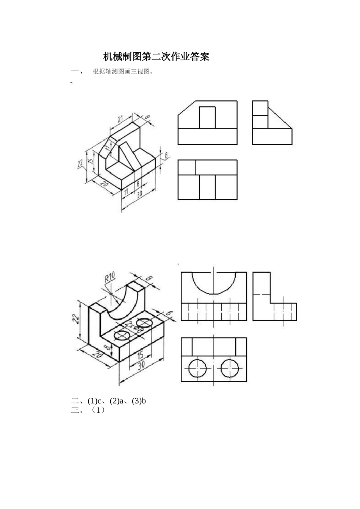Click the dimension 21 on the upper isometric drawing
(121, 119)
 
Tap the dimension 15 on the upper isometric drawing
(90, 161)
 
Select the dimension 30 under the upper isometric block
(139, 194)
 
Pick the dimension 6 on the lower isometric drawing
(169, 314)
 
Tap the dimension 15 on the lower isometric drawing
(140, 355)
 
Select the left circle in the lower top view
(198, 368)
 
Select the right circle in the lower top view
(230, 368)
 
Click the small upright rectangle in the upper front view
(207, 118)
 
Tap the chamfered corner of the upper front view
(186, 108)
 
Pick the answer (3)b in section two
(139, 401)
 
